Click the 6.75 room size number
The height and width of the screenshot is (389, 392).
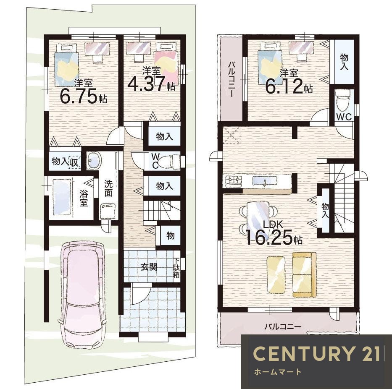(78, 96)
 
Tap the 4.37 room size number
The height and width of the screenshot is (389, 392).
(147, 84)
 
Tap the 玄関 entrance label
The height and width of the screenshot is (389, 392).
(149, 267)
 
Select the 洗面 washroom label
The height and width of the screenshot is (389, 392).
(108, 188)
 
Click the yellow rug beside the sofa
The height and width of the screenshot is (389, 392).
(276, 274)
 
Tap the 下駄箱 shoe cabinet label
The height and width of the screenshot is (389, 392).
(176, 268)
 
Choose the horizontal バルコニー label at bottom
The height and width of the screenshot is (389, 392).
(283, 326)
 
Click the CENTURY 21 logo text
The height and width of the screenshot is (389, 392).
(316, 354)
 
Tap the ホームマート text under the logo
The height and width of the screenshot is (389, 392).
(277, 372)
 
